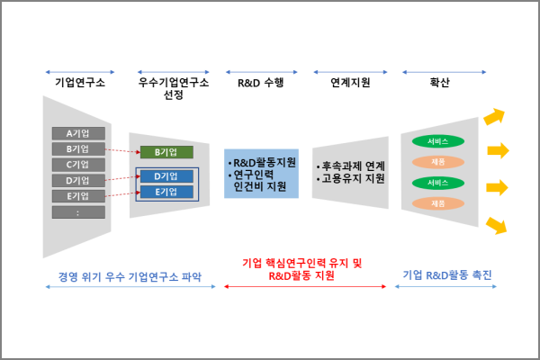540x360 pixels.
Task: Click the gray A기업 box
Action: pos(78,133)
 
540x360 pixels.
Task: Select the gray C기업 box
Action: pos(78,165)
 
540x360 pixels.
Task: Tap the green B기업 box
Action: pos(166,152)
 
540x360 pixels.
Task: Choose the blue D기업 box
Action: pos(166,176)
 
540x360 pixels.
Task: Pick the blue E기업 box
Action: pos(166,192)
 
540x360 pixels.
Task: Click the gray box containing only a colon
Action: pos(78,212)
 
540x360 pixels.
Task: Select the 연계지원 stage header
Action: pos(350,83)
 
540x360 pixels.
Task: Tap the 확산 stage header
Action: pos(440,83)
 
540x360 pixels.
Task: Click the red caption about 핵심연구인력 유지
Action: pos(302,270)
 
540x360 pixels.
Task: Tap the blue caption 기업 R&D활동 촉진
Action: pos(447,274)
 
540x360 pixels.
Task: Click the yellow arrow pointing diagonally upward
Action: pos(494,117)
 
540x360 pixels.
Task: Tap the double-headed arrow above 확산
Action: pos(440,70)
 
